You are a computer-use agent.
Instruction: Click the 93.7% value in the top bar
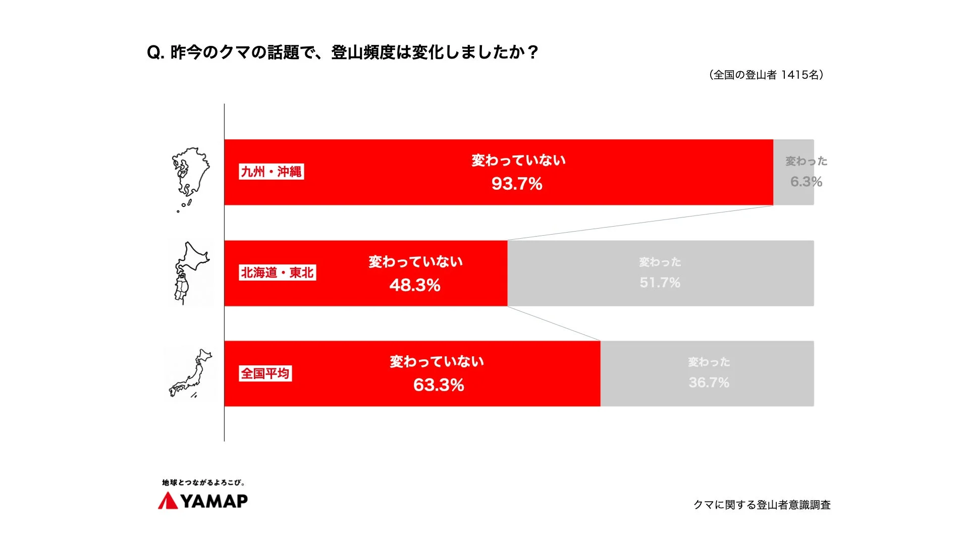pyautogui.click(x=517, y=184)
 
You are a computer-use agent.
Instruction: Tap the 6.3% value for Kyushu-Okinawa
pyautogui.click(x=806, y=182)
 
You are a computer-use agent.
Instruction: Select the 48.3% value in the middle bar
pyautogui.click(x=415, y=285)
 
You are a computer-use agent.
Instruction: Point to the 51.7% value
pyautogui.click(x=660, y=283)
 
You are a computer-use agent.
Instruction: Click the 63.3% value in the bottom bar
pyautogui.click(x=439, y=385)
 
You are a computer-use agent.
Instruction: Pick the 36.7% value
pyautogui.click(x=709, y=383)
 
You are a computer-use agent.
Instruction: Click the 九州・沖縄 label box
pyautogui.click(x=272, y=172)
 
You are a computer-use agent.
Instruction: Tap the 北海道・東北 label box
pyautogui.click(x=278, y=272)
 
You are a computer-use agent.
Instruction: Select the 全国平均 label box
pyautogui.click(x=265, y=373)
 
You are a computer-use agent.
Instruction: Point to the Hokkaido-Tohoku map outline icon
pyautogui.click(x=190, y=273)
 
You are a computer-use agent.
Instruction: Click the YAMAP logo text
pyautogui.click(x=214, y=501)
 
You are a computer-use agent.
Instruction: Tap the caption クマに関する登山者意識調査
pyautogui.click(x=762, y=505)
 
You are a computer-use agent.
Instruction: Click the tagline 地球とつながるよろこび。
pyautogui.click(x=203, y=483)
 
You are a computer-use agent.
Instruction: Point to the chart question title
pyautogui.click(x=343, y=52)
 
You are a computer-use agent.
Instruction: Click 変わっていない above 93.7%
pyautogui.click(x=518, y=160)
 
